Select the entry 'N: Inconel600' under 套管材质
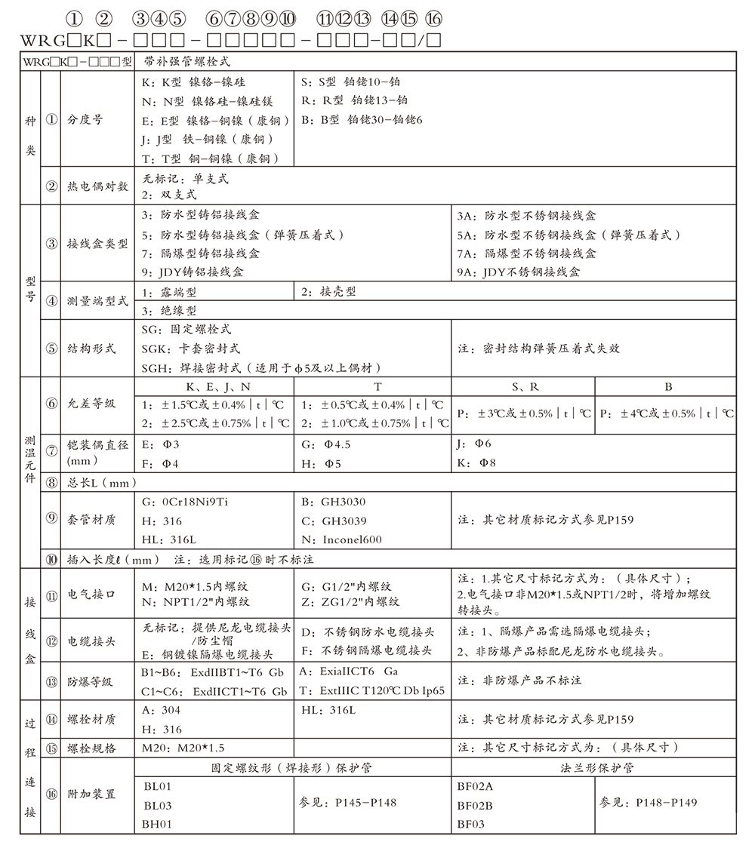coord(342,539)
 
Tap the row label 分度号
coord(85,120)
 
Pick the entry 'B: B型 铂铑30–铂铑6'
coord(362,119)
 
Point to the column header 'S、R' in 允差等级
coord(524,387)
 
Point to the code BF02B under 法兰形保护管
coord(475,805)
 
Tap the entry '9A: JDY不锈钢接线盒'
coord(520,272)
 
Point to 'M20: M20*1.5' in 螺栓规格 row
coord(183,748)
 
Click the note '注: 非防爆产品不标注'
coord(520,681)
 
